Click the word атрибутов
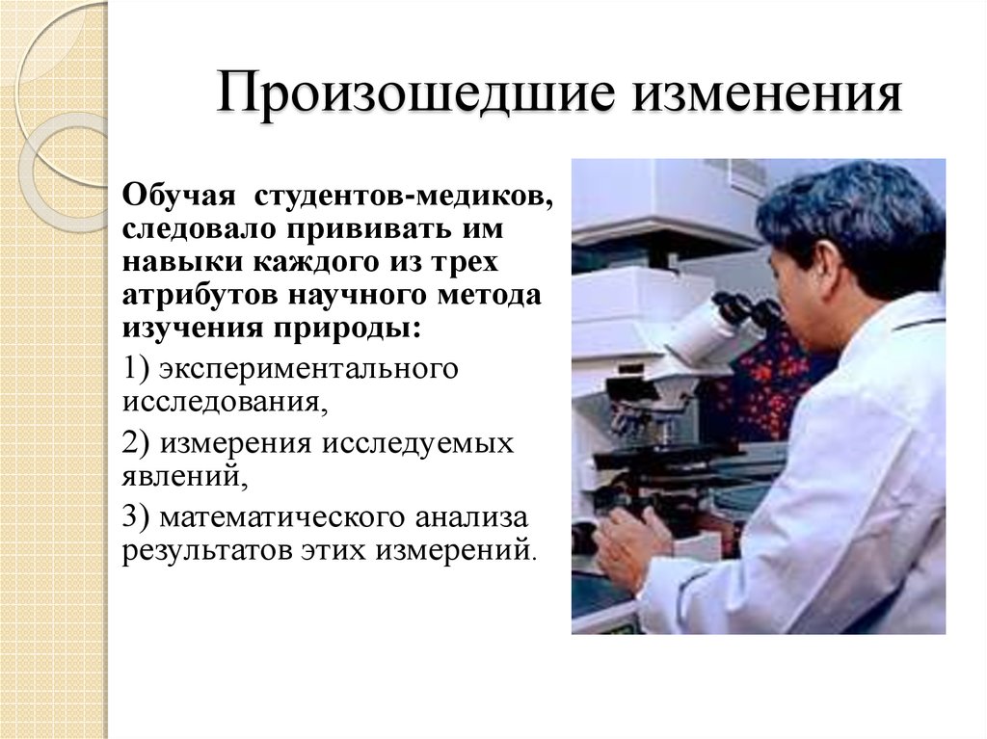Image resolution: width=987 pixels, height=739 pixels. [193, 295]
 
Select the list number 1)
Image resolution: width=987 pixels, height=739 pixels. [135, 370]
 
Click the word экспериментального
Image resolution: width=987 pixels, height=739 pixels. [307, 370]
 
